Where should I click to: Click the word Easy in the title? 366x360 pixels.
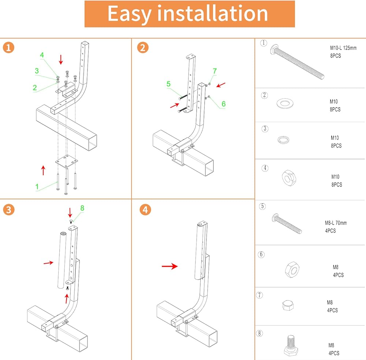point(130,14)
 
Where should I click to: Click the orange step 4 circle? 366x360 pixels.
point(145,210)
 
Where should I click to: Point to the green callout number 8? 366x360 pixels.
point(82,208)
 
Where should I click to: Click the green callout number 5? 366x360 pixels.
point(168,84)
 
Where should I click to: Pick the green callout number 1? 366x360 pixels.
point(37,187)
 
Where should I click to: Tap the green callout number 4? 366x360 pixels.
point(42,55)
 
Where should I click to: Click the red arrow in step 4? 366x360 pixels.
point(170,266)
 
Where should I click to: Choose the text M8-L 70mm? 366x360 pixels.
point(336,222)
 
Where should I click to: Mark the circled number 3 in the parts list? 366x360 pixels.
point(265,128)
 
